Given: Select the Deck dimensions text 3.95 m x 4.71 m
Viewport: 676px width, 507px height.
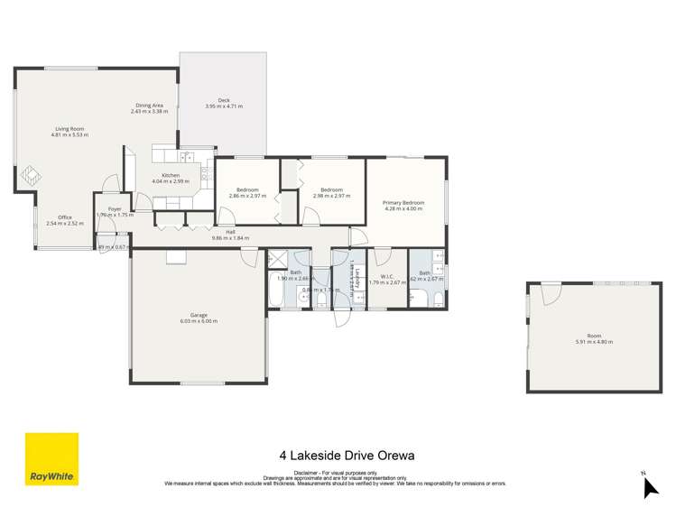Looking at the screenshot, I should point(224,106).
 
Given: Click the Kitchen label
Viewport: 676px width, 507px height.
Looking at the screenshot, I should point(171,175).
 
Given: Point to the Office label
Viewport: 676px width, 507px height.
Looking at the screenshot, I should point(64,217).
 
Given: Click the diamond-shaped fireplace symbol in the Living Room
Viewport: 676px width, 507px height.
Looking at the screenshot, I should point(31,173).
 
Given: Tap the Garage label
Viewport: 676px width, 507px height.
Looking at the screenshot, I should point(199,315).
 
